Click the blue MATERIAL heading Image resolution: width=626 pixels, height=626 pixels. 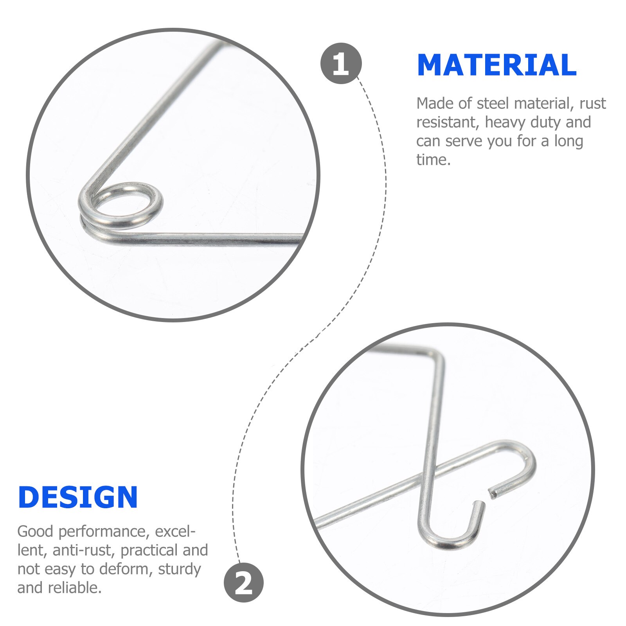point(496,65)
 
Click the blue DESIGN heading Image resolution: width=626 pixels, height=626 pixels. point(78,497)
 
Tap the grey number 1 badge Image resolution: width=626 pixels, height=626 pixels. point(341,63)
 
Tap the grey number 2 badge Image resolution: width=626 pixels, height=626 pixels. point(243,583)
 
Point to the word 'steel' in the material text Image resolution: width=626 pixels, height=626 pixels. point(493,104)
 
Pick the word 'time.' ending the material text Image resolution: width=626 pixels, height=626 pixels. point(434,160)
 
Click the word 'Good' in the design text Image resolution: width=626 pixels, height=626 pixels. point(36,531)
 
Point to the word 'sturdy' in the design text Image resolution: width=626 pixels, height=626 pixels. point(179,569)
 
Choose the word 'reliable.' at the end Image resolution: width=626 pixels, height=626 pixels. point(75,588)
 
